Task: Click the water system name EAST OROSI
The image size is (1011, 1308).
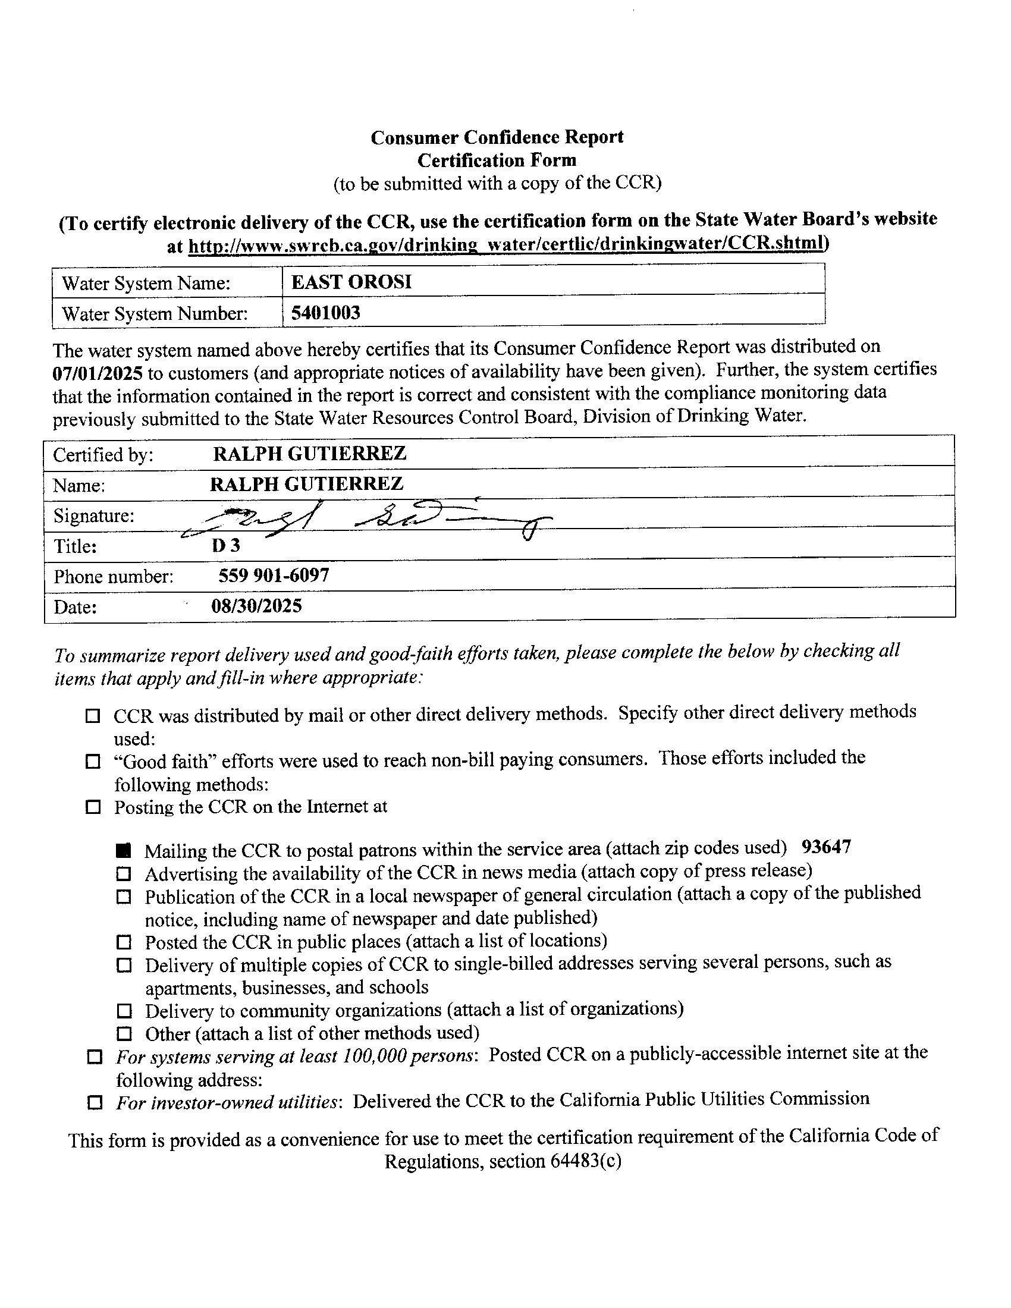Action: pyautogui.click(x=351, y=282)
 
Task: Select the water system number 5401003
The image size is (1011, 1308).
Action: pyautogui.click(x=326, y=313)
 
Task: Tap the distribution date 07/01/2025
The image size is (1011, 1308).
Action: pyautogui.click(x=98, y=373)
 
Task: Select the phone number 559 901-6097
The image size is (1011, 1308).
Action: pyautogui.click(x=273, y=576)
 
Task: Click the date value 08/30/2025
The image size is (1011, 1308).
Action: pyautogui.click(x=256, y=606)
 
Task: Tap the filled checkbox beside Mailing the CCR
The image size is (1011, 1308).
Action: pyautogui.click(x=124, y=850)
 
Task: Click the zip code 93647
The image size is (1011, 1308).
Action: pyautogui.click(x=826, y=847)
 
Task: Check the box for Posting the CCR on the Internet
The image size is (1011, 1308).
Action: pyautogui.click(x=93, y=807)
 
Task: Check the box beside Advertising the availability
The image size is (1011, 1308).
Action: pyautogui.click(x=123, y=874)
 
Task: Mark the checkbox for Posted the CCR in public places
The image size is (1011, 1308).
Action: pyautogui.click(x=123, y=943)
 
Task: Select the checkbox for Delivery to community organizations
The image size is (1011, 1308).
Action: pyautogui.click(x=124, y=1011)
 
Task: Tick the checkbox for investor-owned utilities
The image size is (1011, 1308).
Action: pyautogui.click(x=95, y=1102)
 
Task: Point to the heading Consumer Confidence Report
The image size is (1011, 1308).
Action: pyautogui.click(x=497, y=137)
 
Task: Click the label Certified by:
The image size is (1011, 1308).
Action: pyautogui.click(x=103, y=455)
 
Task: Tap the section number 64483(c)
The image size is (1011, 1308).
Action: pyautogui.click(x=584, y=1161)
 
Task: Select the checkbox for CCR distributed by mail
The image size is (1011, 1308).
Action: pyautogui.click(x=93, y=716)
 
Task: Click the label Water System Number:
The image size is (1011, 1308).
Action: pyautogui.click(x=155, y=313)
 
